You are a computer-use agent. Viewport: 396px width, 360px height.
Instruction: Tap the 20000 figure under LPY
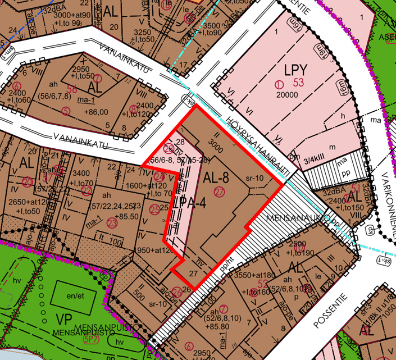[x=286, y=94]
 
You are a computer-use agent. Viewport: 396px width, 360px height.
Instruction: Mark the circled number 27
[x=219, y=193]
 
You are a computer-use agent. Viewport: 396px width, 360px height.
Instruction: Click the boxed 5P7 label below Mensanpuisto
[x=91, y=340]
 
